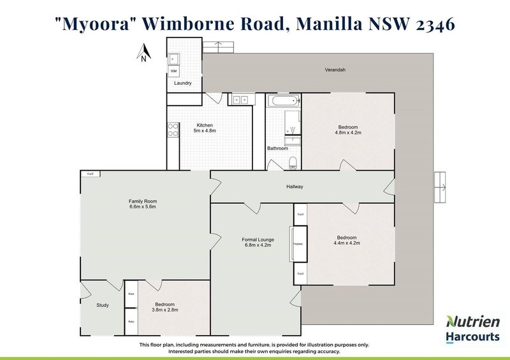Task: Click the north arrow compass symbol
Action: click(x=145, y=52)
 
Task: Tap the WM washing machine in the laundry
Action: click(x=173, y=71)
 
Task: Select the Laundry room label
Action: click(x=183, y=83)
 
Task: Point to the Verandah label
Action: click(x=336, y=70)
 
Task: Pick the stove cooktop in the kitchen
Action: click(x=173, y=130)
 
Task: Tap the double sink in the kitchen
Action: click(x=240, y=99)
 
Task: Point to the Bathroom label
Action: click(x=277, y=148)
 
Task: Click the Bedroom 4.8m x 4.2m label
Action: click(x=348, y=130)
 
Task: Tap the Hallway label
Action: click(x=294, y=187)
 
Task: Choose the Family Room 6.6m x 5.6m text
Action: click(x=142, y=204)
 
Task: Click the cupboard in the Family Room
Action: click(x=90, y=173)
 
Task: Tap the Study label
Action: click(x=103, y=305)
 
